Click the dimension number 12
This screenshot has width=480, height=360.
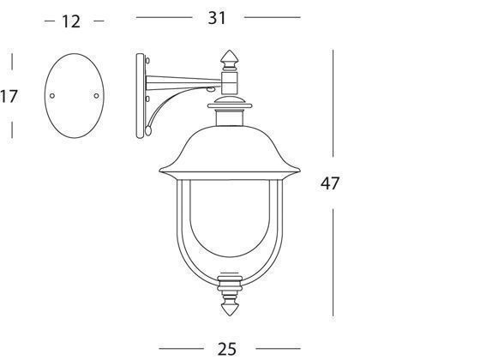point(71,21)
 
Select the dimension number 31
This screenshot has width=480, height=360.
point(218,15)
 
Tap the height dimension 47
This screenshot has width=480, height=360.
point(331,183)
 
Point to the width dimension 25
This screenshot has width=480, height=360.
point(227,348)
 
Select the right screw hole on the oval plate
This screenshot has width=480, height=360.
point(95,95)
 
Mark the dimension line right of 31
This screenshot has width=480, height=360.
point(273,16)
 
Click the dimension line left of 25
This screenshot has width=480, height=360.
point(183,347)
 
